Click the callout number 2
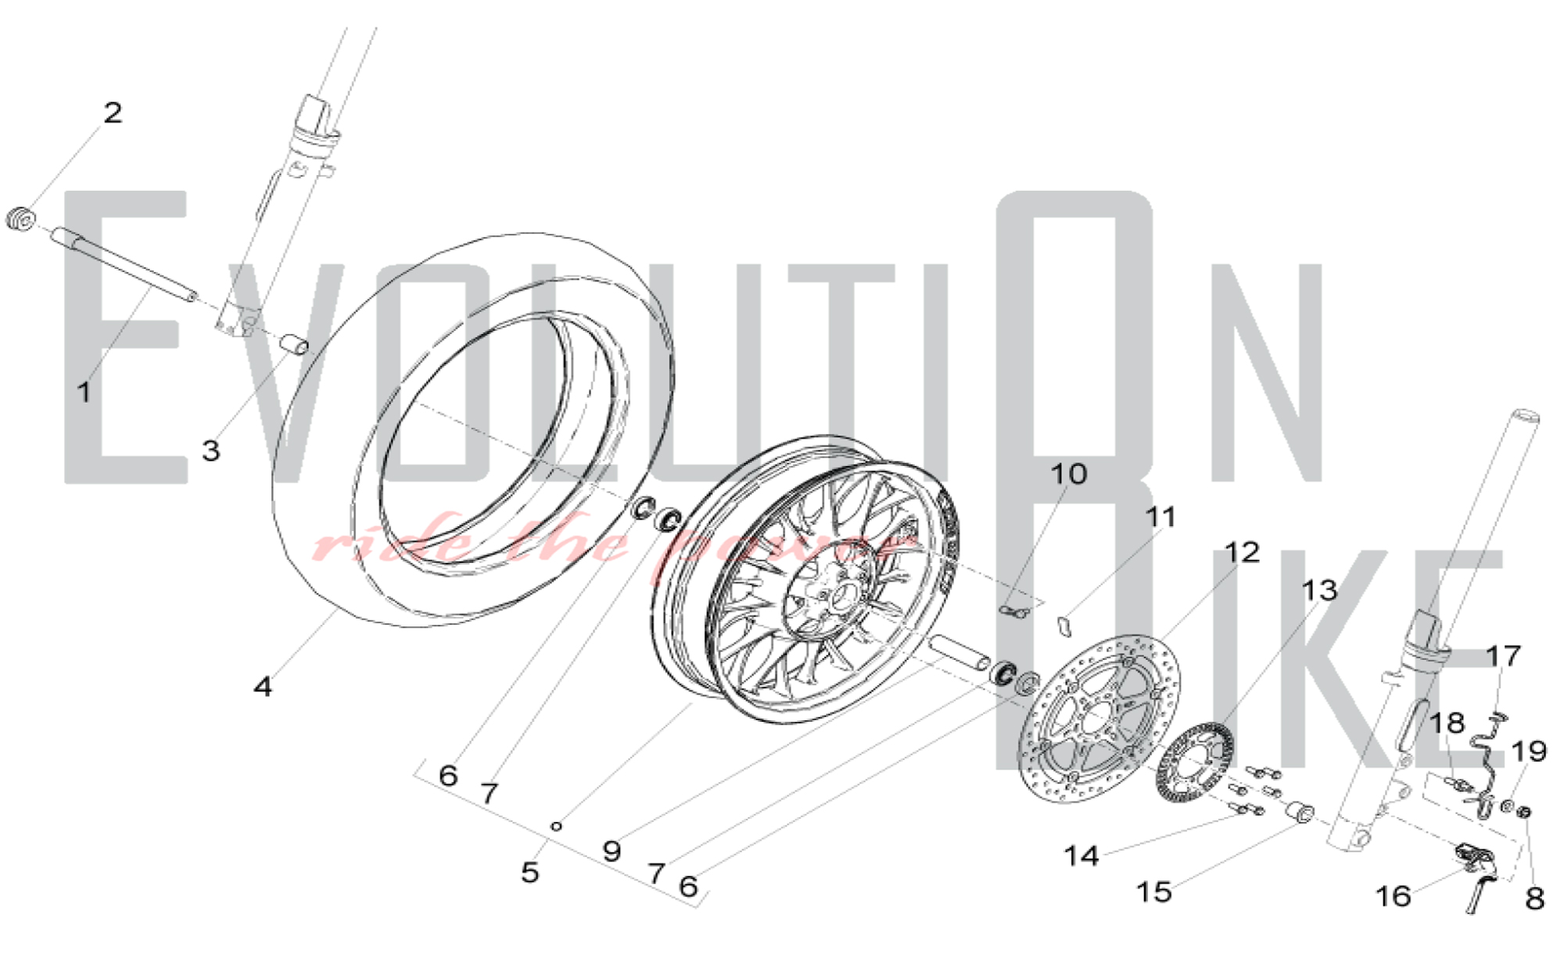click(x=113, y=113)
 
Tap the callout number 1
click(x=84, y=392)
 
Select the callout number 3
click(x=210, y=451)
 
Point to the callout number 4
click(x=263, y=687)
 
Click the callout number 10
click(x=1068, y=474)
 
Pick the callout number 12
click(x=1242, y=553)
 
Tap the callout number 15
click(x=1154, y=891)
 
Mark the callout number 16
click(x=1393, y=896)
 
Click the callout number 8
click(x=1535, y=899)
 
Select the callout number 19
click(x=1529, y=752)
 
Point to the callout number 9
click(x=612, y=851)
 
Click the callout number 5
click(x=530, y=872)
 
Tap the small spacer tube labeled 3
click(x=295, y=344)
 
